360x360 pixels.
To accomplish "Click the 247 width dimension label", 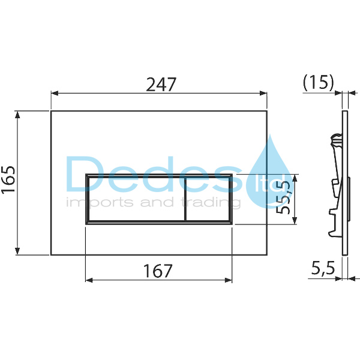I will coord(161,85).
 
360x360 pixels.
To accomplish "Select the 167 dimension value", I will coord(157,271).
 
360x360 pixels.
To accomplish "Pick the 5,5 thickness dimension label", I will coord(323,269).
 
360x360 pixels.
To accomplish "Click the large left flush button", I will coord(136,199).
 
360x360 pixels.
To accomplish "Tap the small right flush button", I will coord(208,199).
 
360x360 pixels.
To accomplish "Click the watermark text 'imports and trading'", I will coord(153,203).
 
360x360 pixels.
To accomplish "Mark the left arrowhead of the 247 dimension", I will coord(54,94).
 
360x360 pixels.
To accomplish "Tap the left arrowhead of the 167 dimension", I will coord(89,280).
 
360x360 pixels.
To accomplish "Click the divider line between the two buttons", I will coord(185,199).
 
